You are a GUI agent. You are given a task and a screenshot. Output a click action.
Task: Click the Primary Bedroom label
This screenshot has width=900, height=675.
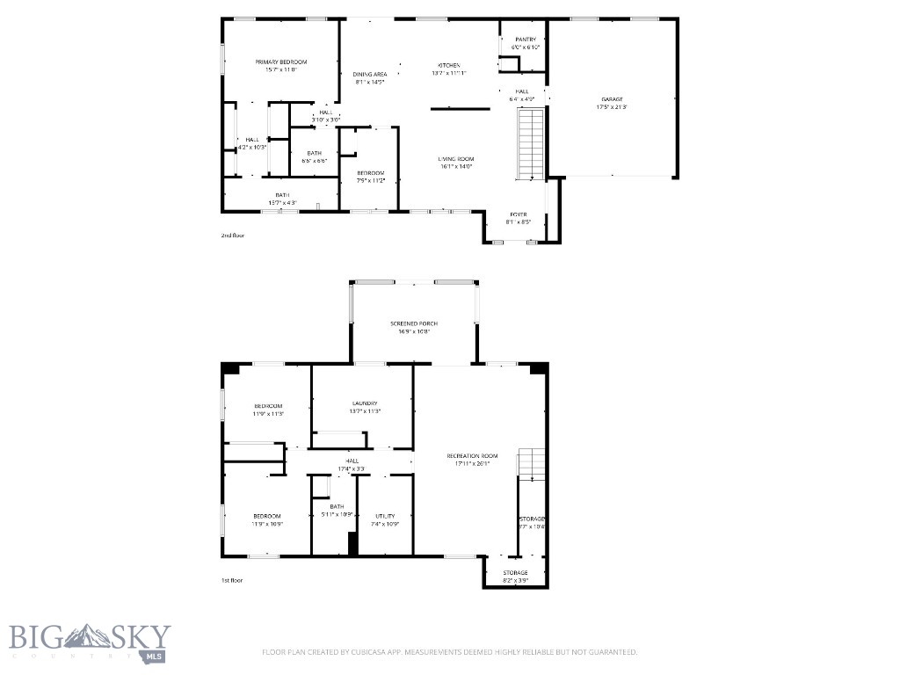pos(281,62)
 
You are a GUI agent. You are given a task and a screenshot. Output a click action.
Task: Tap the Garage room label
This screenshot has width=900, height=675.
pos(612,99)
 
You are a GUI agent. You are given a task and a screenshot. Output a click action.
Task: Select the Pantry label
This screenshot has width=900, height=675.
pos(526,40)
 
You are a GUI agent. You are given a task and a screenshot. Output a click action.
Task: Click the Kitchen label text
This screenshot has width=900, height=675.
pos(449,66)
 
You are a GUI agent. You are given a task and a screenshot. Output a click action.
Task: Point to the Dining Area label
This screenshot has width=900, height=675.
pos(370,75)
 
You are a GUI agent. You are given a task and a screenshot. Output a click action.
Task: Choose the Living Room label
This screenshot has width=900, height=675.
pos(456,159)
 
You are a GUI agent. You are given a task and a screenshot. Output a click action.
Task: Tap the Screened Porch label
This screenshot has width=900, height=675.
pos(414,323)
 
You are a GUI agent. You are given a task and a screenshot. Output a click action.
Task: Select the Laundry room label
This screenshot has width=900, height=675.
pos(364,403)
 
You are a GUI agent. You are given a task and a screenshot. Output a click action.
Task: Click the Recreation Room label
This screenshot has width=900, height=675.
pos(472,456)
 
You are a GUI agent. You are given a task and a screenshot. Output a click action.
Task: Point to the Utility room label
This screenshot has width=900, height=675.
pos(385,516)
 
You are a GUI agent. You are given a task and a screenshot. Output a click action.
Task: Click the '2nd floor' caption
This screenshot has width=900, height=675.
pos(234,236)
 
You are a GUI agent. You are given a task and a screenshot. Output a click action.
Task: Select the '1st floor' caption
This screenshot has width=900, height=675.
pos(232,580)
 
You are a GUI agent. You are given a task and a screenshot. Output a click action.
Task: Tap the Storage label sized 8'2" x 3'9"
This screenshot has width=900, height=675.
pos(515,573)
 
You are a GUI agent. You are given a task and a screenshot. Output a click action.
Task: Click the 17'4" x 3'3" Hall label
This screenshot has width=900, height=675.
pos(352,461)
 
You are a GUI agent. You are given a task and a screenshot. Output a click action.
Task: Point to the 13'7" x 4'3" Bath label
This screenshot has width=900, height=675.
pos(282,195)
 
